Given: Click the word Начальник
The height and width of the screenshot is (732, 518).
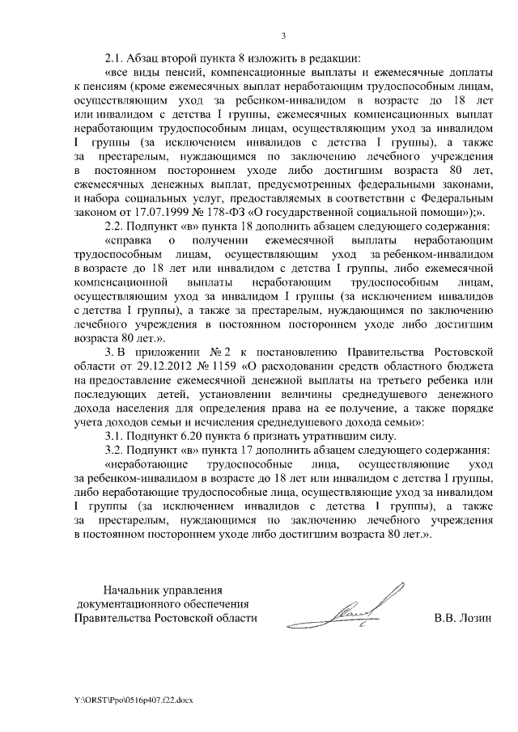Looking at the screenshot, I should point(129,590).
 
